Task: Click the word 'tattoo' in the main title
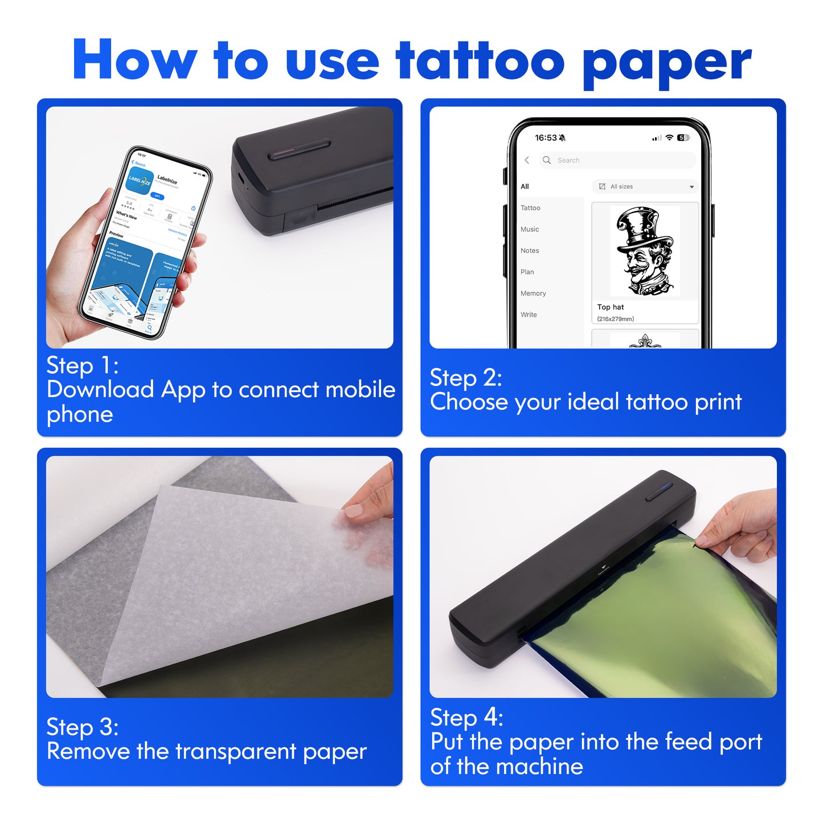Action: (480, 60)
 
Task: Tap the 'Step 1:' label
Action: (83, 366)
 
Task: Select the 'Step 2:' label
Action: (466, 378)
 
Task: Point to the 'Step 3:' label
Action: (83, 727)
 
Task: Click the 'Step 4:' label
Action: (466, 718)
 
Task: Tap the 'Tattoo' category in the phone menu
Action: (530, 208)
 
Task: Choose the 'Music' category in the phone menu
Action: (530, 230)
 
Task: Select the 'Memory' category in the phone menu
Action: (533, 293)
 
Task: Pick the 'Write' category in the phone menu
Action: (529, 315)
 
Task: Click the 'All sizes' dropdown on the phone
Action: (645, 187)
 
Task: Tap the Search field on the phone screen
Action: (618, 161)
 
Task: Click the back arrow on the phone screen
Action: (527, 161)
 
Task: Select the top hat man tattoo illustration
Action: (645, 251)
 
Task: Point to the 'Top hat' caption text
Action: (611, 307)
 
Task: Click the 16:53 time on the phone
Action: (546, 138)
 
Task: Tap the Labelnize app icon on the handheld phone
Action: (140, 181)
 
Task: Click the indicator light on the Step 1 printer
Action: (299, 150)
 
